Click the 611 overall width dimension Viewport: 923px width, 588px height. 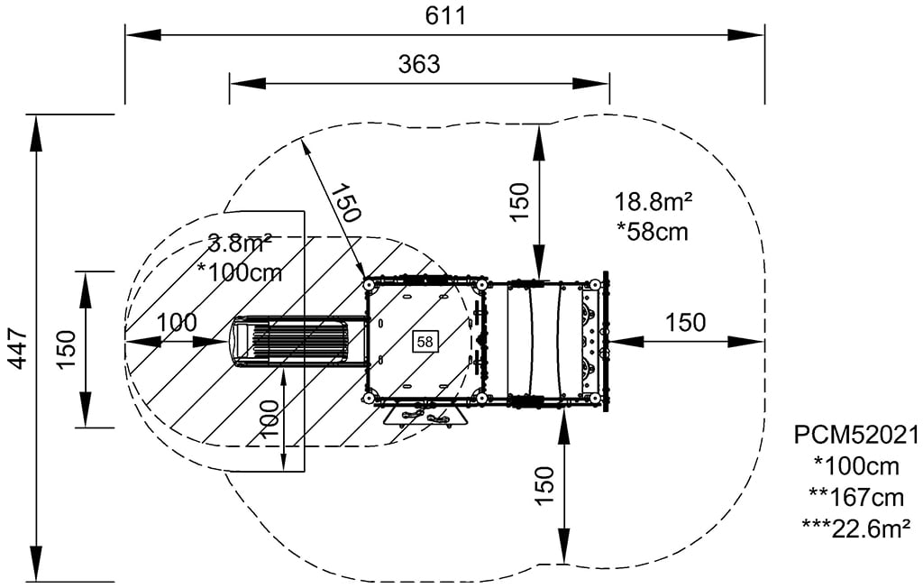[445, 15]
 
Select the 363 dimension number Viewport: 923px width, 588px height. [419, 64]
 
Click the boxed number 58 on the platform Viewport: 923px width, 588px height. [425, 342]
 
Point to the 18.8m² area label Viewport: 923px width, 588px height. [653, 201]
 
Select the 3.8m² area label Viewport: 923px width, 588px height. [240, 243]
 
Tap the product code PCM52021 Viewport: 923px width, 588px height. [856, 436]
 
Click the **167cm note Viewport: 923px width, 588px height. [857, 498]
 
